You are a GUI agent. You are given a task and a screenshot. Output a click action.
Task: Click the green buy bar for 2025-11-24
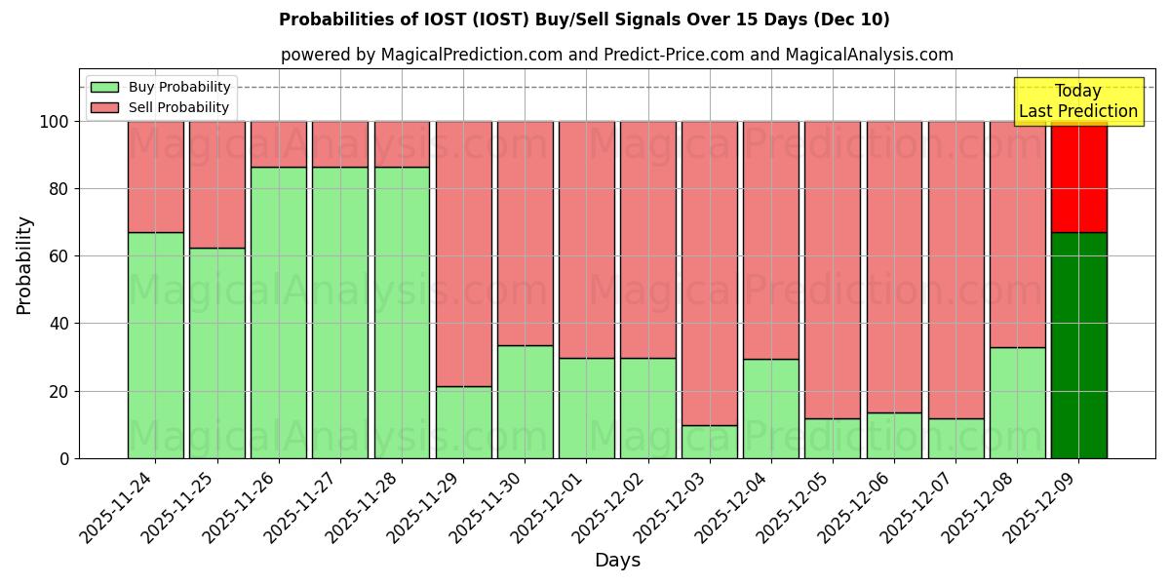coord(155,345)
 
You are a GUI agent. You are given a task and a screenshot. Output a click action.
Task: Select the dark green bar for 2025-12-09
coord(1078,345)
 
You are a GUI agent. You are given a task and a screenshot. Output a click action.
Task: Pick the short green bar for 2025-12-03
coord(710,442)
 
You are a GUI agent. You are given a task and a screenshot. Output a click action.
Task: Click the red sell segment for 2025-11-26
coord(279,144)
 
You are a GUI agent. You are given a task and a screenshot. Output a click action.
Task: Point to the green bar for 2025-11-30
coord(525,402)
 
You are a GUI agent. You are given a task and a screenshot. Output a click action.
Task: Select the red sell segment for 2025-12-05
coord(833,270)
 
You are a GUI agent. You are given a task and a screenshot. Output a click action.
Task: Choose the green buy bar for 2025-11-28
coord(402,312)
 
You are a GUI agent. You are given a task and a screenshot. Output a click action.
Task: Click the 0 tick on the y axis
coord(64,458)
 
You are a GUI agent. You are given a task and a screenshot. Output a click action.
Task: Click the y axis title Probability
coord(24,265)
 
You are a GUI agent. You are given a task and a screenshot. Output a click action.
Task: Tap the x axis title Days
coord(617,561)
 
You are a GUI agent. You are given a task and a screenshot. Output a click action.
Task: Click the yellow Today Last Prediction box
coord(1078,101)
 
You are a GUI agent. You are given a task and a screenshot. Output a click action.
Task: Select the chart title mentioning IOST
coord(584,19)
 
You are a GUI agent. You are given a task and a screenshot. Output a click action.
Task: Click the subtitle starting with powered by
coord(617,55)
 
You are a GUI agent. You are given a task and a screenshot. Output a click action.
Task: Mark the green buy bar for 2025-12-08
coord(1017,403)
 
